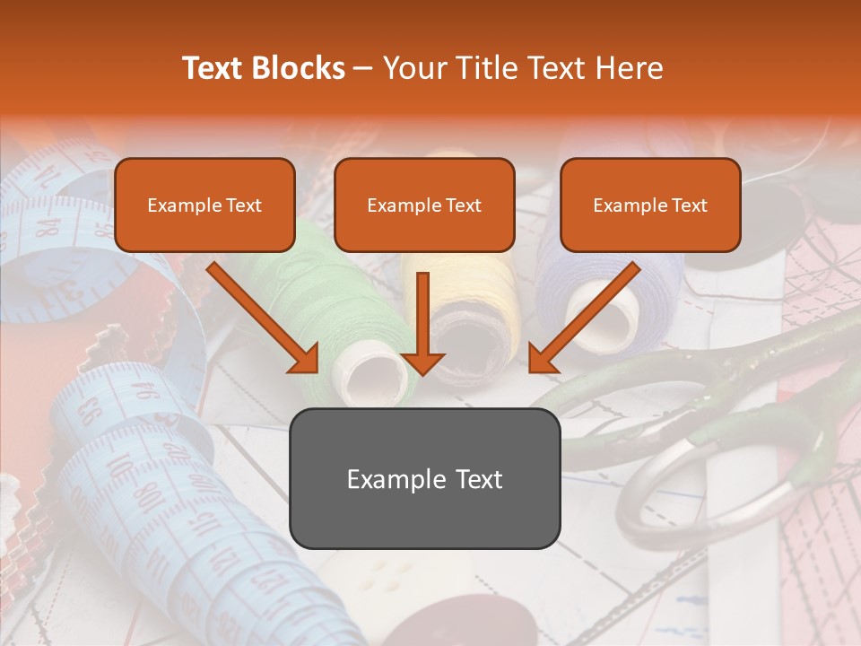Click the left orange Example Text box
204,205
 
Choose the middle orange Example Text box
424,205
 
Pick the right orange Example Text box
650,205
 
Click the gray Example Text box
424,478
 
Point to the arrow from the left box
263,318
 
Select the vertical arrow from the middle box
422,323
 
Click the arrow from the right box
584,318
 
